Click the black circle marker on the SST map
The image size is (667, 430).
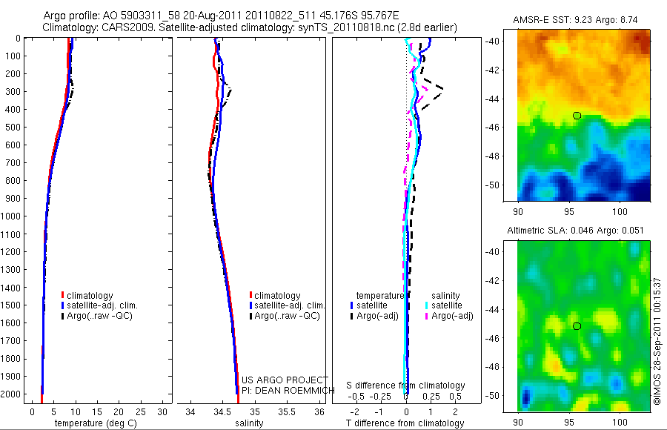[x=577, y=115]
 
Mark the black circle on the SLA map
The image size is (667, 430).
[x=577, y=325]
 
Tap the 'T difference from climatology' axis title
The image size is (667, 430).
[x=405, y=423]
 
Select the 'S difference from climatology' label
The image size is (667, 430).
[x=406, y=386]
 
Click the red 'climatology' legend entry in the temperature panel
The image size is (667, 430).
[x=90, y=296]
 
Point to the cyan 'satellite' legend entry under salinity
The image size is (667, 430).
[x=446, y=305]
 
